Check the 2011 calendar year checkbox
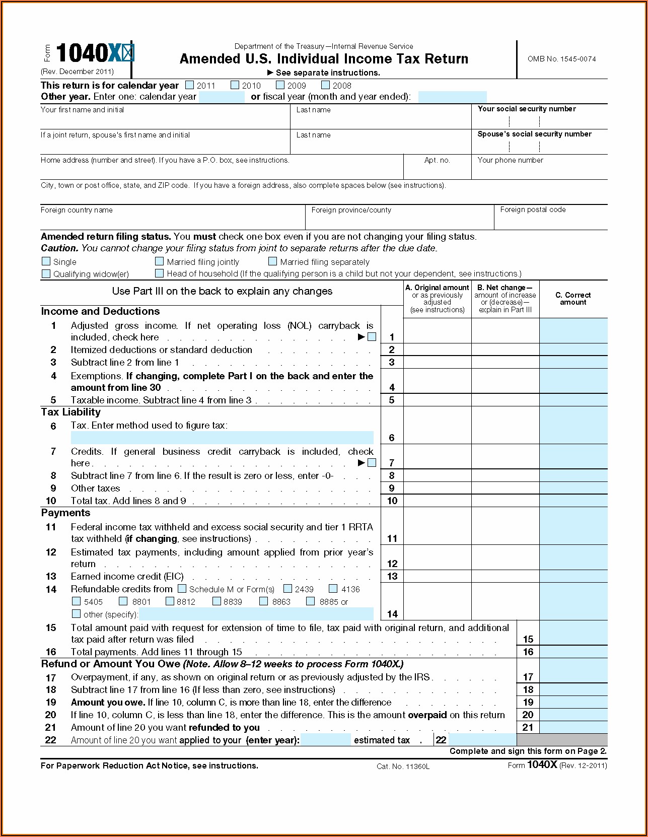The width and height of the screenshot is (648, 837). coord(190,85)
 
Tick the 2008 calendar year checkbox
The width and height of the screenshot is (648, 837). coord(326,85)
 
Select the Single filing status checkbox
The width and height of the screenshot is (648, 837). coord(46,261)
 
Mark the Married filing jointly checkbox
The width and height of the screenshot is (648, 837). coord(160,261)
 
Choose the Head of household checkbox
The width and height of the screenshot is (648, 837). coord(160,273)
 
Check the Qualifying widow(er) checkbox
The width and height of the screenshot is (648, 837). coord(46,273)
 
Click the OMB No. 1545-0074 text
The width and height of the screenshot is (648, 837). coord(561,59)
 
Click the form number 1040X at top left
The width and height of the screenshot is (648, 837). coord(90,53)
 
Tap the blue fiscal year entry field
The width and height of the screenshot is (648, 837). coord(452,97)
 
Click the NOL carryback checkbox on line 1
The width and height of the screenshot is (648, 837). coord(372,337)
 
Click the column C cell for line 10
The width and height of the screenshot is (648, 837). coord(573,501)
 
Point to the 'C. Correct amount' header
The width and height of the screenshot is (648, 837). coord(573,299)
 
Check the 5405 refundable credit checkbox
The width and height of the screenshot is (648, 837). coord(77,601)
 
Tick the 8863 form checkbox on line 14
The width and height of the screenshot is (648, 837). coord(264,601)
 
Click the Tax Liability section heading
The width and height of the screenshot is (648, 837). coord(71,412)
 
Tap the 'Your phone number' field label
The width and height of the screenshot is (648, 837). coord(510,160)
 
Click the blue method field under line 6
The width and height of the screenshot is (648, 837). coord(222,437)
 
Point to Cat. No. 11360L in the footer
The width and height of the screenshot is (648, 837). coord(403,766)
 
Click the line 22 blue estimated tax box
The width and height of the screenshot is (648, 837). coord(482,740)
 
